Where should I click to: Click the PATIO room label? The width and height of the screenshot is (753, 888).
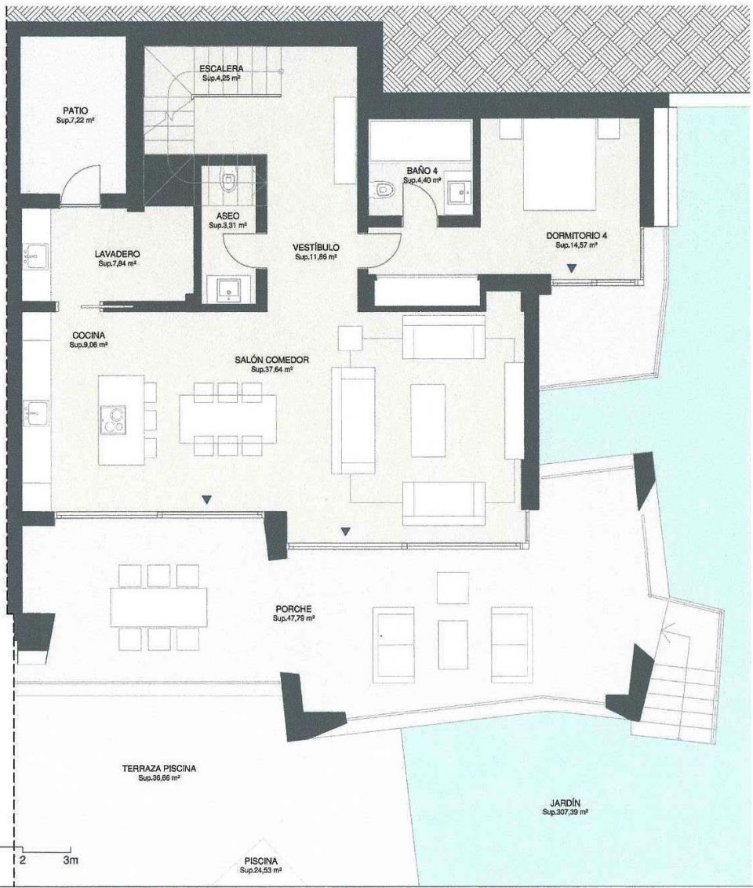click(76, 111)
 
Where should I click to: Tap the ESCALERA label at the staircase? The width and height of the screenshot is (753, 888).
click(220, 68)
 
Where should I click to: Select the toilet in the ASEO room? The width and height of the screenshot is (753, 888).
click(229, 183)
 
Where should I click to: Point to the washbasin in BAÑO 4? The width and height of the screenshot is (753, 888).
click(458, 189)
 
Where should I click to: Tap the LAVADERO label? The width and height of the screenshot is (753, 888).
click(118, 254)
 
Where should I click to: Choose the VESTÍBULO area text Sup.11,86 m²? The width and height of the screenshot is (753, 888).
click(316, 256)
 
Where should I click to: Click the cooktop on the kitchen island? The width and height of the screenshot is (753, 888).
click(112, 419)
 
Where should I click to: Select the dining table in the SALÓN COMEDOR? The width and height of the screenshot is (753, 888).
click(227, 418)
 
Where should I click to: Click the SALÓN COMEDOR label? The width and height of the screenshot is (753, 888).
click(271, 360)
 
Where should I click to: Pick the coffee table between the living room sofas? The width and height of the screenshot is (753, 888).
click(427, 420)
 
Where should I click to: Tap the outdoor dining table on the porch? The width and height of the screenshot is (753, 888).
click(159, 607)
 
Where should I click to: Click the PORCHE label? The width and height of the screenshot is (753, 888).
click(293, 609)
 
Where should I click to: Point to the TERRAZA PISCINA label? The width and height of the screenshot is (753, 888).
click(159, 769)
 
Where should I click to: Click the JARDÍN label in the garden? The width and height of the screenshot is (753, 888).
click(565, 803)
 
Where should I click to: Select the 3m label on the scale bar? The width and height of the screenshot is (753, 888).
click(71, 861)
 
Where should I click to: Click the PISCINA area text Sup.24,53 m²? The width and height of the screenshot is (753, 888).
click(260, 870)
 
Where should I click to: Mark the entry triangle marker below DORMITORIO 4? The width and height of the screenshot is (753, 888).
click(572, 268)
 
